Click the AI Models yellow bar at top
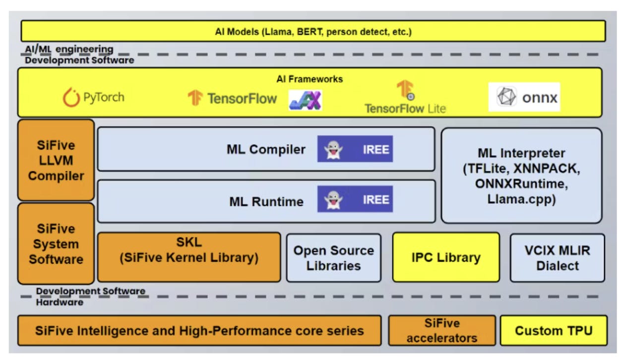pos(313,32)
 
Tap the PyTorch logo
pos(94,97)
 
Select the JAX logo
pos(306,100)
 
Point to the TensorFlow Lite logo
pos(405,99)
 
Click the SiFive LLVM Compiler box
pos(56,160)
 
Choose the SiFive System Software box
pos(56,243)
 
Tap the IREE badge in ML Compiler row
pos(355,149)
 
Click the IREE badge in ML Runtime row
pos(355,199)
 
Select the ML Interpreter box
pos(521,176)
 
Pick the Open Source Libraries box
pos(333,258)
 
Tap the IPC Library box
pos(445,257)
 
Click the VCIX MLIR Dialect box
pos(557,258)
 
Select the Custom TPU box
pos(553,330)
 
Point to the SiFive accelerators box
pos(441,331)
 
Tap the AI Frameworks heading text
pos(310,79)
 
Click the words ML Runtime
pos(266,202)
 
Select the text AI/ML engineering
pos(69,50)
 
